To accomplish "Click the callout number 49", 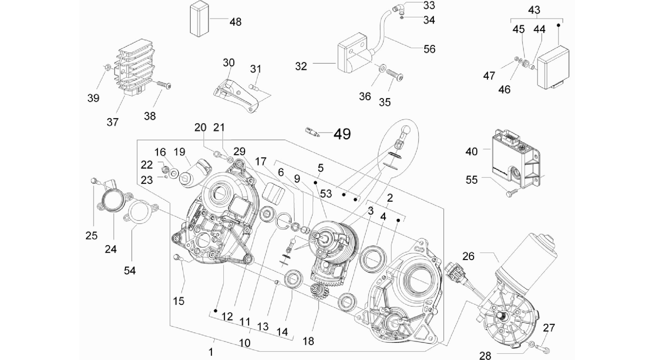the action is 342,134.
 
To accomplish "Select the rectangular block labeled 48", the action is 200,19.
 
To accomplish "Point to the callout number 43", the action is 534,10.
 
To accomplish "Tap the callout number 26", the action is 468,256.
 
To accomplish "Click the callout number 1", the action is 211,352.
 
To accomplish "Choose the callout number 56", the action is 429,49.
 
